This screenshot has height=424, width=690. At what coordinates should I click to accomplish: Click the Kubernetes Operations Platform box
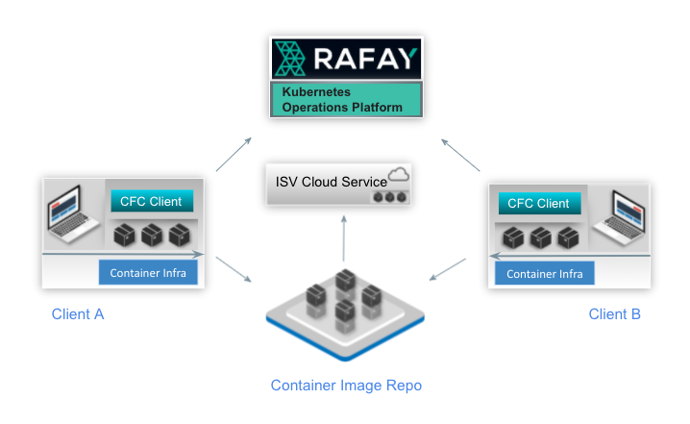pos(345,100)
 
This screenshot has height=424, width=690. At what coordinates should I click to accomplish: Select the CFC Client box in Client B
pos(538,203)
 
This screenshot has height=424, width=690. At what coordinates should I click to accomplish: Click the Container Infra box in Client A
pos(149,272)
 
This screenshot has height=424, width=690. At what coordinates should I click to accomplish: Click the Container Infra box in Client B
pos(545,274)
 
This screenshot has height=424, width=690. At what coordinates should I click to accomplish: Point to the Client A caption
pos(78,314)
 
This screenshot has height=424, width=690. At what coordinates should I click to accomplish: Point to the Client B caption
pos(614,314)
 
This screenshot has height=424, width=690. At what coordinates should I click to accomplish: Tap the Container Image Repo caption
pos(346,386)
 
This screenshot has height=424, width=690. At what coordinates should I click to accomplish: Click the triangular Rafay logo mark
pos(290,59)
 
